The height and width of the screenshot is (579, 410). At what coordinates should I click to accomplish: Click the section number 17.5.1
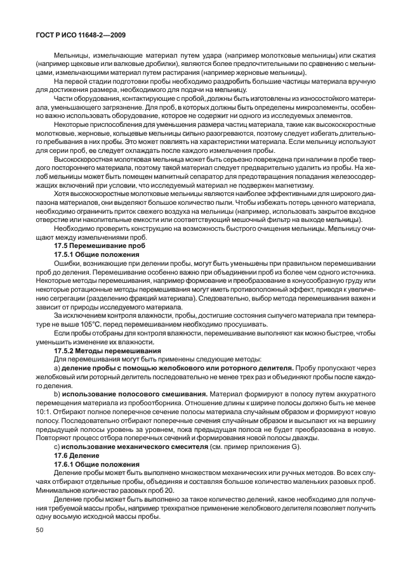point(65,254)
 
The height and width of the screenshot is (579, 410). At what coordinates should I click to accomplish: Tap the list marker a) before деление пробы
point(58,368)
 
